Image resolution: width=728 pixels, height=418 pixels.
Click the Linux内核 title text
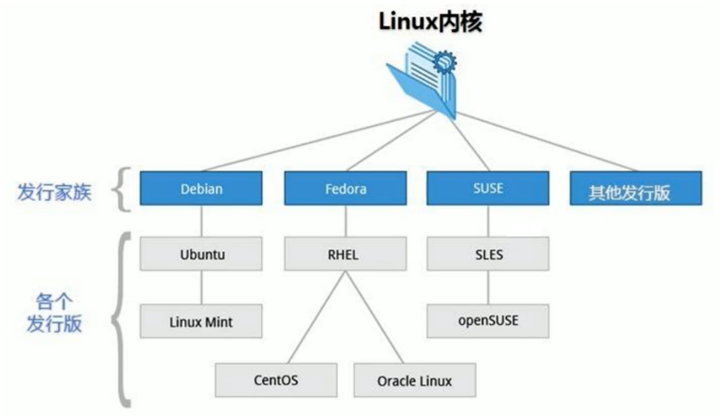click(x=430, y=24)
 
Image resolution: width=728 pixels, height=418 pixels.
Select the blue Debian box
click(x=201, y=188)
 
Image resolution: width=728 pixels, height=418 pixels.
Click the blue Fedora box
click(x=345, y=188)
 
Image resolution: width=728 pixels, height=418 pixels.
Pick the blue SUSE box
click(x=488, y=188)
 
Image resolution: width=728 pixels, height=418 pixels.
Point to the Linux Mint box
click(x=201, y=322)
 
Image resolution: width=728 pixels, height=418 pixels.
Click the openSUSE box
click(x=488, y=321)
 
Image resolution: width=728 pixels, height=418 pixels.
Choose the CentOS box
click(x=276, y=381)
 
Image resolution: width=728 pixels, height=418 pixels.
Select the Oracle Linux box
click(x=415, y=381)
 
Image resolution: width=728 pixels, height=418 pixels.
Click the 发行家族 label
click(x=54, y=191)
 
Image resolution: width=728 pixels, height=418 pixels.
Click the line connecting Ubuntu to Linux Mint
click(x=201, y=287)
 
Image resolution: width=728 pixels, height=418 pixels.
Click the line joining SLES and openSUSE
click(x=488, y=287)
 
